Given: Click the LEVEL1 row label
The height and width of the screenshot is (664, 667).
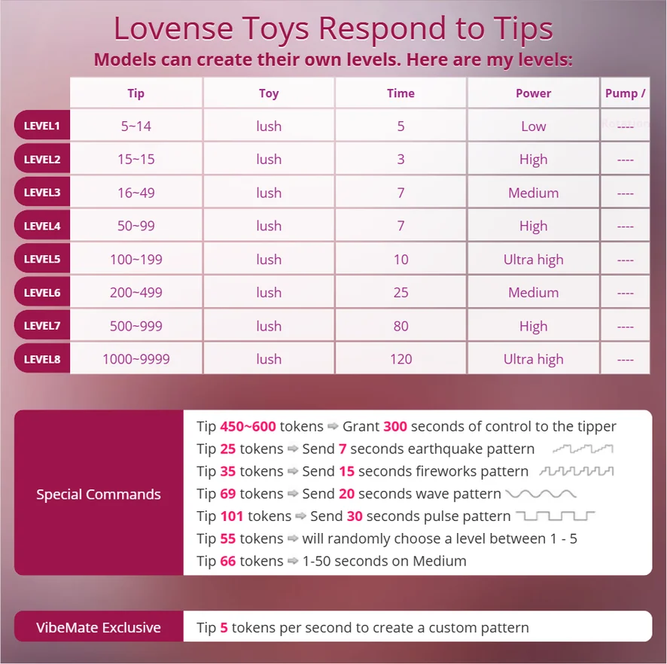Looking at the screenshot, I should tap(41, 126).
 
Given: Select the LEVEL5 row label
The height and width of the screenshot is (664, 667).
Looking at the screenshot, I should tap(41, 259).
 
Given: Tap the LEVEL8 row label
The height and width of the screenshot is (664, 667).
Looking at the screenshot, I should tap(41, 359).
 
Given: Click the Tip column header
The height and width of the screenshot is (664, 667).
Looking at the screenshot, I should tap(136, 93).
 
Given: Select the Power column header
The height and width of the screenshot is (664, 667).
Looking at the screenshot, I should tap(533, 93).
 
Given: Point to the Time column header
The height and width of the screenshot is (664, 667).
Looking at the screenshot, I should tap(401, 93).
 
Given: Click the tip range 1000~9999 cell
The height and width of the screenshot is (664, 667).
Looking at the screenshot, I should tap(136, 359).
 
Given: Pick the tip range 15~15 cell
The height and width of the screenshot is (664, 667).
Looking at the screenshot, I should tap(136, 160).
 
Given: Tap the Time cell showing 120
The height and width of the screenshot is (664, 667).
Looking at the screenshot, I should tap(401, 359).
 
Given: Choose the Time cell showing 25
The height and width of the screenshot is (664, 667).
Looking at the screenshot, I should tap(401, 292).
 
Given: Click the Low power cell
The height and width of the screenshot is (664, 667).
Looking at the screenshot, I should tap(533, 126).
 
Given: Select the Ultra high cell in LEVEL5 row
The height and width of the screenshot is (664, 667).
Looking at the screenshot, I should tap(533, 260).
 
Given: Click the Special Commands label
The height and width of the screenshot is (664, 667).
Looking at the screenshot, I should tap(99, 495).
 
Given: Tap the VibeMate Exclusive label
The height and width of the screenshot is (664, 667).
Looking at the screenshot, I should tap(99, 627).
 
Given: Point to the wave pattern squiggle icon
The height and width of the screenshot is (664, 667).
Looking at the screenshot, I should tap(541, 494).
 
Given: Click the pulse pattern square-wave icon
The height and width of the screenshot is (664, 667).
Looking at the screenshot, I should tap(555, 516).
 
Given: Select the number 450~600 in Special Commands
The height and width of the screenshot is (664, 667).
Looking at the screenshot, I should tap(248, 427).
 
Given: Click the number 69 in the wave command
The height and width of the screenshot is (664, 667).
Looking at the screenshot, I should tap(228, 494).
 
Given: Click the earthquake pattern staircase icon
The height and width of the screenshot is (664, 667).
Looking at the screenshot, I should tap(583, 449).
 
